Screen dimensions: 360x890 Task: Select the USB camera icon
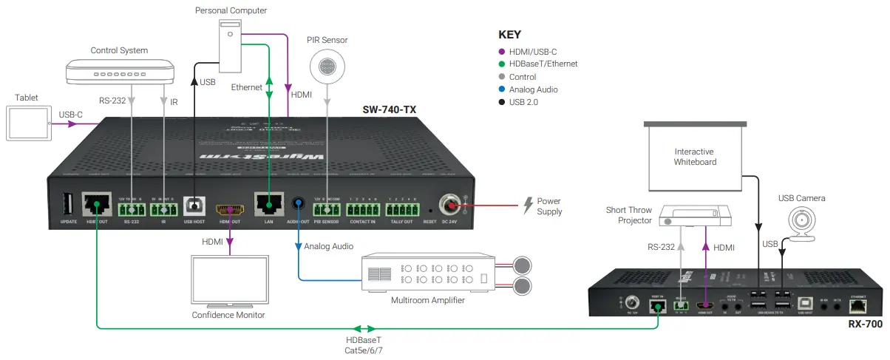[801, 221]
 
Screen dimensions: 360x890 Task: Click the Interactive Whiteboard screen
[694, 157]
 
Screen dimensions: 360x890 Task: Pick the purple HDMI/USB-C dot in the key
[503, 51]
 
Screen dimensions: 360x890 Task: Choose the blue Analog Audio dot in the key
[503, 89]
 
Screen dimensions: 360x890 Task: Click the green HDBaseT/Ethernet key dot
[503, 64]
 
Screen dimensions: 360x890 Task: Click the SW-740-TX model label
[389, 109]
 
